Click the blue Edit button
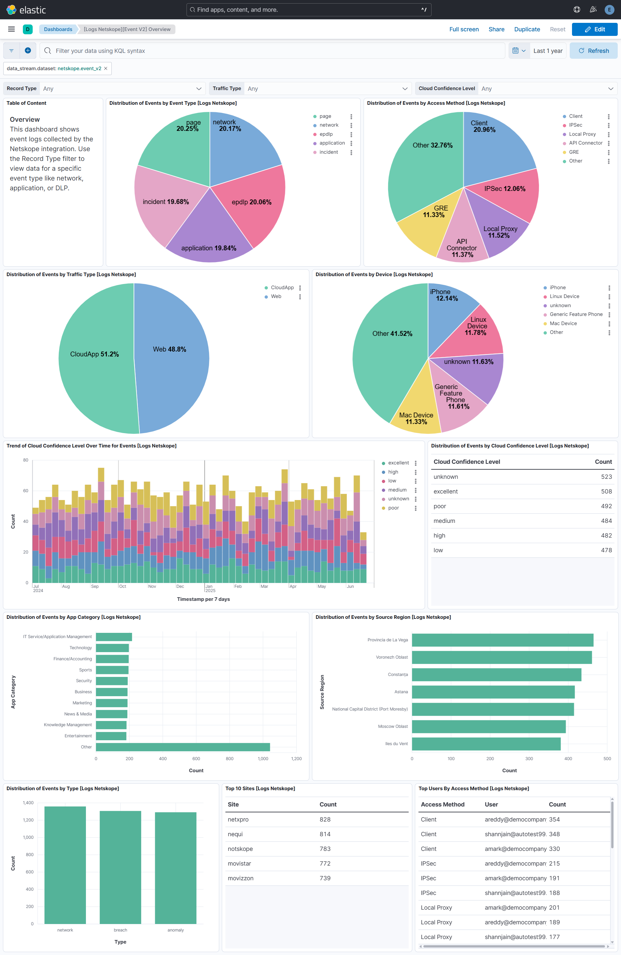coord(594,29)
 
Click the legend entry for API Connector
coord(585,143)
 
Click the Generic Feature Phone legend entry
coord(576,314)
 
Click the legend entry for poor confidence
coord(393,508)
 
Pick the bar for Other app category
coord(183,747)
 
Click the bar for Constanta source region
coord(496,675)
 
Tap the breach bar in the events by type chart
coord(120,867)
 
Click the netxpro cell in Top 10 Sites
coord(238,819)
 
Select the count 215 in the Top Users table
coord(554,864)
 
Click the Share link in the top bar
coord(496,29)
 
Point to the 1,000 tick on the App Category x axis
coord(263,759)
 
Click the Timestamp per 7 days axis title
coord(203,599)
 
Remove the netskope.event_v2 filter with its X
coord(106,69)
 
